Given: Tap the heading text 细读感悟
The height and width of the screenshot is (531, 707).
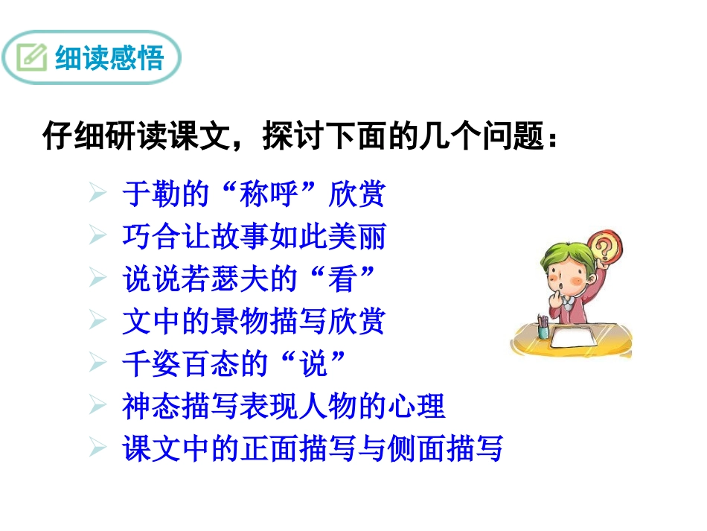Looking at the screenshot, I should coord(109,58).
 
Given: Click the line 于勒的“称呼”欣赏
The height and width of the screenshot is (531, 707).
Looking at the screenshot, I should coord(253,195).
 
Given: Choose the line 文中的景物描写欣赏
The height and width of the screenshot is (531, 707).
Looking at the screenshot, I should coord(253,322).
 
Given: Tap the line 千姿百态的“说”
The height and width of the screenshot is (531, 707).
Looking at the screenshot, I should coord(234,364).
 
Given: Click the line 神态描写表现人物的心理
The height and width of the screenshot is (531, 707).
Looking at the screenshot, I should coord(283,407).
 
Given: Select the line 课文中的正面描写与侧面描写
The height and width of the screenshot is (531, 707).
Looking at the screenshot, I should coord(313,449).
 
